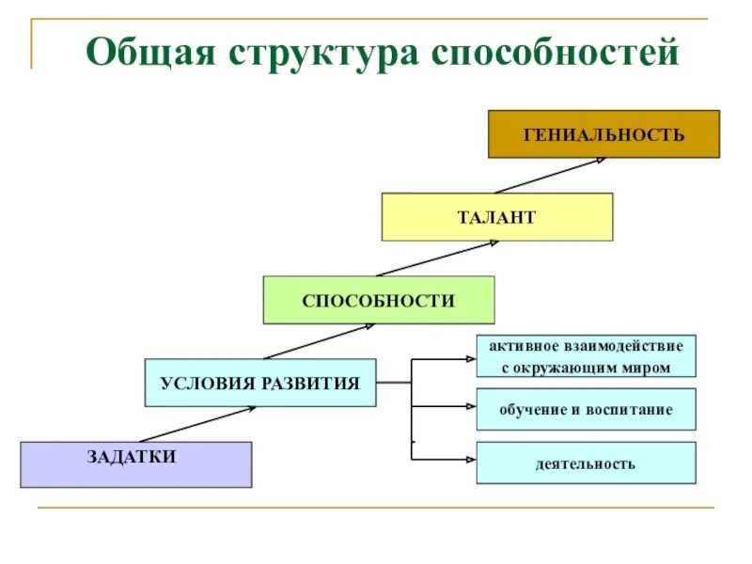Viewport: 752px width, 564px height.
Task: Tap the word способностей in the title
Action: coord(555,52)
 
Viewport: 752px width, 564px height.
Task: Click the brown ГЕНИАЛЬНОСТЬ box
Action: coord(603,133)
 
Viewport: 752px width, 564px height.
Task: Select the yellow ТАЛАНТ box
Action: coord(496,217)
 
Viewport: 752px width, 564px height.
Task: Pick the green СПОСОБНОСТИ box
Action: coord(378,300)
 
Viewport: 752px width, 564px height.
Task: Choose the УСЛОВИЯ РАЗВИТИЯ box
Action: coord(260,383)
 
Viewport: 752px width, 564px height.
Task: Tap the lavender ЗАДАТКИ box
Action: coord(135,464)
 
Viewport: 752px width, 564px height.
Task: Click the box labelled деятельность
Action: coord(586,463)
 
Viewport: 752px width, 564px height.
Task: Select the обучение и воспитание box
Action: coord(586,410)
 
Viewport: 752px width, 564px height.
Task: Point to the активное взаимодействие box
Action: coord(586,357)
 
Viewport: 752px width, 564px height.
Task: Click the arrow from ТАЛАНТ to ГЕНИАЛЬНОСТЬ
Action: coord(550,176)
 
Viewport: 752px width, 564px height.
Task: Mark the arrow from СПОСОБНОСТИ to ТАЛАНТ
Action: coord(435,258)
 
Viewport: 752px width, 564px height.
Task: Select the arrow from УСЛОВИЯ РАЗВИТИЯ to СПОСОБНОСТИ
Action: coord(320,341)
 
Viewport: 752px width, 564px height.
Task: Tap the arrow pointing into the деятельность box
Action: coord(446,460)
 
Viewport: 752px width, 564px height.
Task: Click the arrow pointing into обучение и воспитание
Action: coord(446,407)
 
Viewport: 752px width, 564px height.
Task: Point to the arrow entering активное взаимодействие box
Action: coord(446,358)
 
